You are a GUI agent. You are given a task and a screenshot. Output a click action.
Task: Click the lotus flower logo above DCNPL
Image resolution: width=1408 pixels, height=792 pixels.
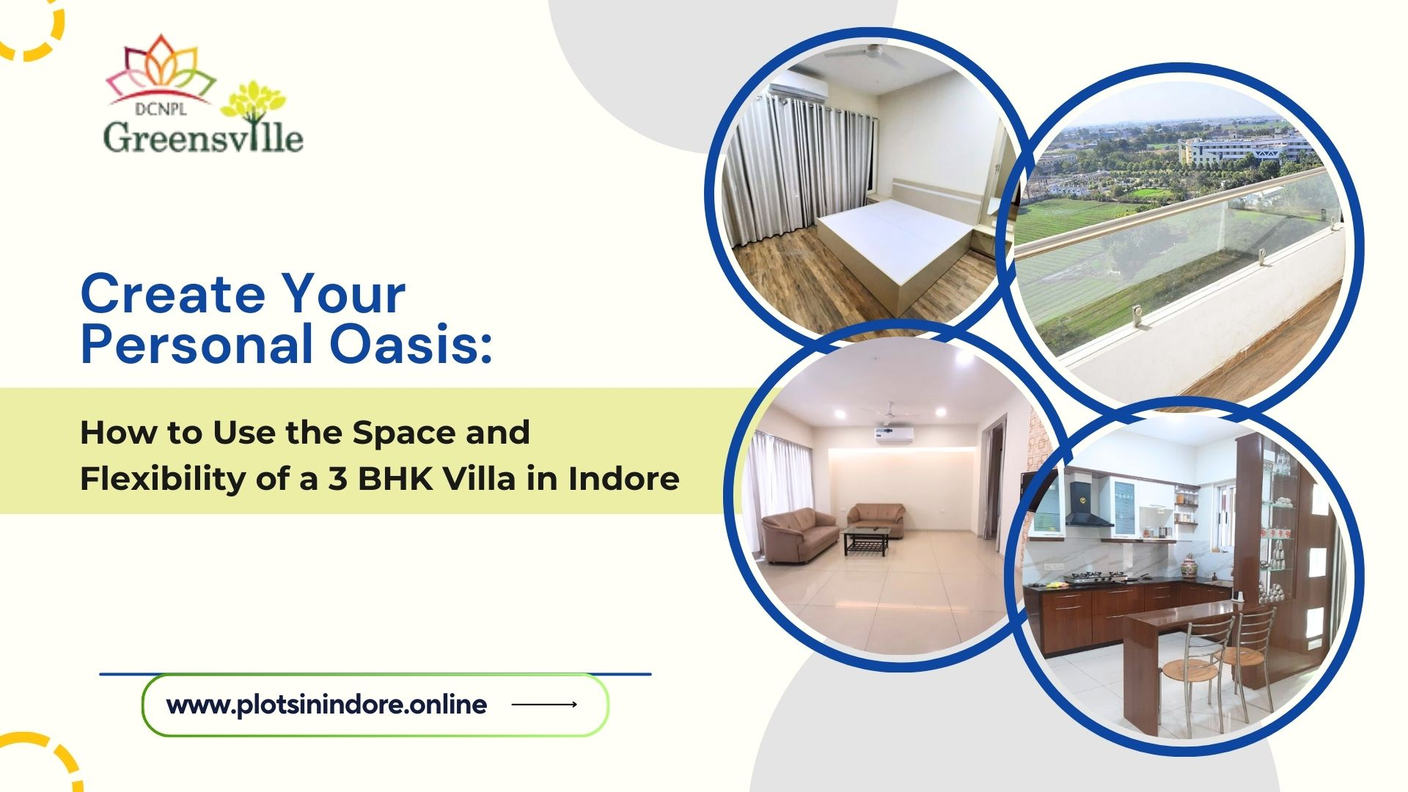tap(161, 70)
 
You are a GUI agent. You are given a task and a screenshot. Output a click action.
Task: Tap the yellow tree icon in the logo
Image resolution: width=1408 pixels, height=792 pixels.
tap(253, 103)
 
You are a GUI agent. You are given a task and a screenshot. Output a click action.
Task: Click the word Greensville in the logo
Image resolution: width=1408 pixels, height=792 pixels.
tap(202, 137)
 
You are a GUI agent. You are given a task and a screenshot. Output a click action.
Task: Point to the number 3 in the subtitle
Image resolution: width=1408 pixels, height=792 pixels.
tap(337, 479)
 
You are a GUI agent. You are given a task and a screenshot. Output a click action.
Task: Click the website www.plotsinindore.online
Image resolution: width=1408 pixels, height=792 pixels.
tap(326, 705)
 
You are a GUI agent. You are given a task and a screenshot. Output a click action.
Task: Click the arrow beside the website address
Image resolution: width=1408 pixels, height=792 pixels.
tap(544, 705)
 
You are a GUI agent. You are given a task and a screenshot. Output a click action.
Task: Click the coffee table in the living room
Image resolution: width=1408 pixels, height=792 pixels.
tap(867, 540)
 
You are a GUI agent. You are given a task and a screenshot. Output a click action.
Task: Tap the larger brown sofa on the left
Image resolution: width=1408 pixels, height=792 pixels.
tap(799, 533)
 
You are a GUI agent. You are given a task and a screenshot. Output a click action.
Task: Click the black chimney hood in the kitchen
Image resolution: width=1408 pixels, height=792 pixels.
tap(1087, 506)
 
